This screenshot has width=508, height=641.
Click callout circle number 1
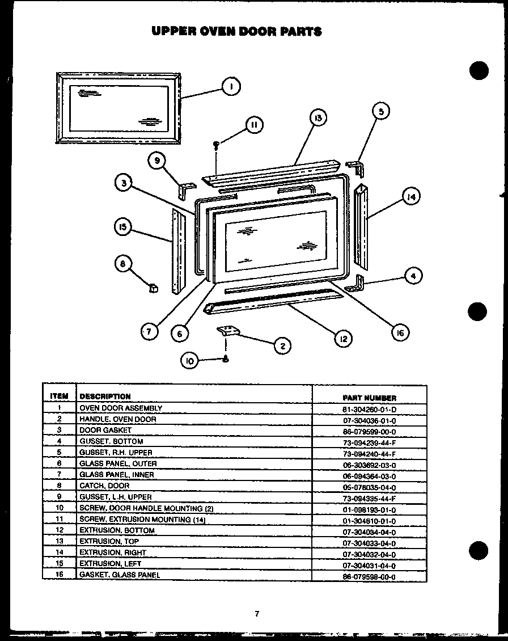click(x=231, y=86)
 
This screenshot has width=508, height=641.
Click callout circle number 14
click(x=410, y=197)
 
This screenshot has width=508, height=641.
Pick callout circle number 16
click(x=400, y=333)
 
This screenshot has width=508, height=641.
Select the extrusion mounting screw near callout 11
click(x=217, y=145)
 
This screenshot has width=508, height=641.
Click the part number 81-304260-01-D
click(x=369, y=408)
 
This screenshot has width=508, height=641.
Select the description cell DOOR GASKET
click(x=105, y=431)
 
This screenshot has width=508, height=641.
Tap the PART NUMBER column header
click(x=369, y=398)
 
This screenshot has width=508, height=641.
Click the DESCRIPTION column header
click(x=105, y=397)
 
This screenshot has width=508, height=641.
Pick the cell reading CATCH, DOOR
click(x=104, y=486)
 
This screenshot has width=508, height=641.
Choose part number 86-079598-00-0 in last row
click(x=369, y=575)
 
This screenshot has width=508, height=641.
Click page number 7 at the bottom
click(x=257, y=613)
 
